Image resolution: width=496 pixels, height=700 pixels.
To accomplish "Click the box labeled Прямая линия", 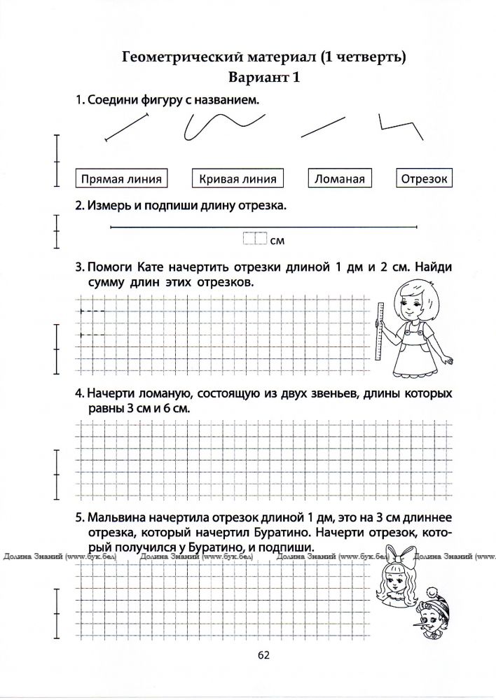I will click(x=122, y=178).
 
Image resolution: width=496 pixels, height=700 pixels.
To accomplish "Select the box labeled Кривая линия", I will click(x=238, y=178).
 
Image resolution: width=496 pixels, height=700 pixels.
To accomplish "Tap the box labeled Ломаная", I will click(x=340, y=178).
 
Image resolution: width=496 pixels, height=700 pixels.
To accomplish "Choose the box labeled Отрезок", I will click(x=424, y=178).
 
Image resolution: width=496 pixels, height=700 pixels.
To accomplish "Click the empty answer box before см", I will click(x=255, y=239).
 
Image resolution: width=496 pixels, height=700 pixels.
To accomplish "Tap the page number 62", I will click(x=263, y=654).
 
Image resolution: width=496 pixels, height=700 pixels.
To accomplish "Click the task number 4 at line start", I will click(x=79, y=394).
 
